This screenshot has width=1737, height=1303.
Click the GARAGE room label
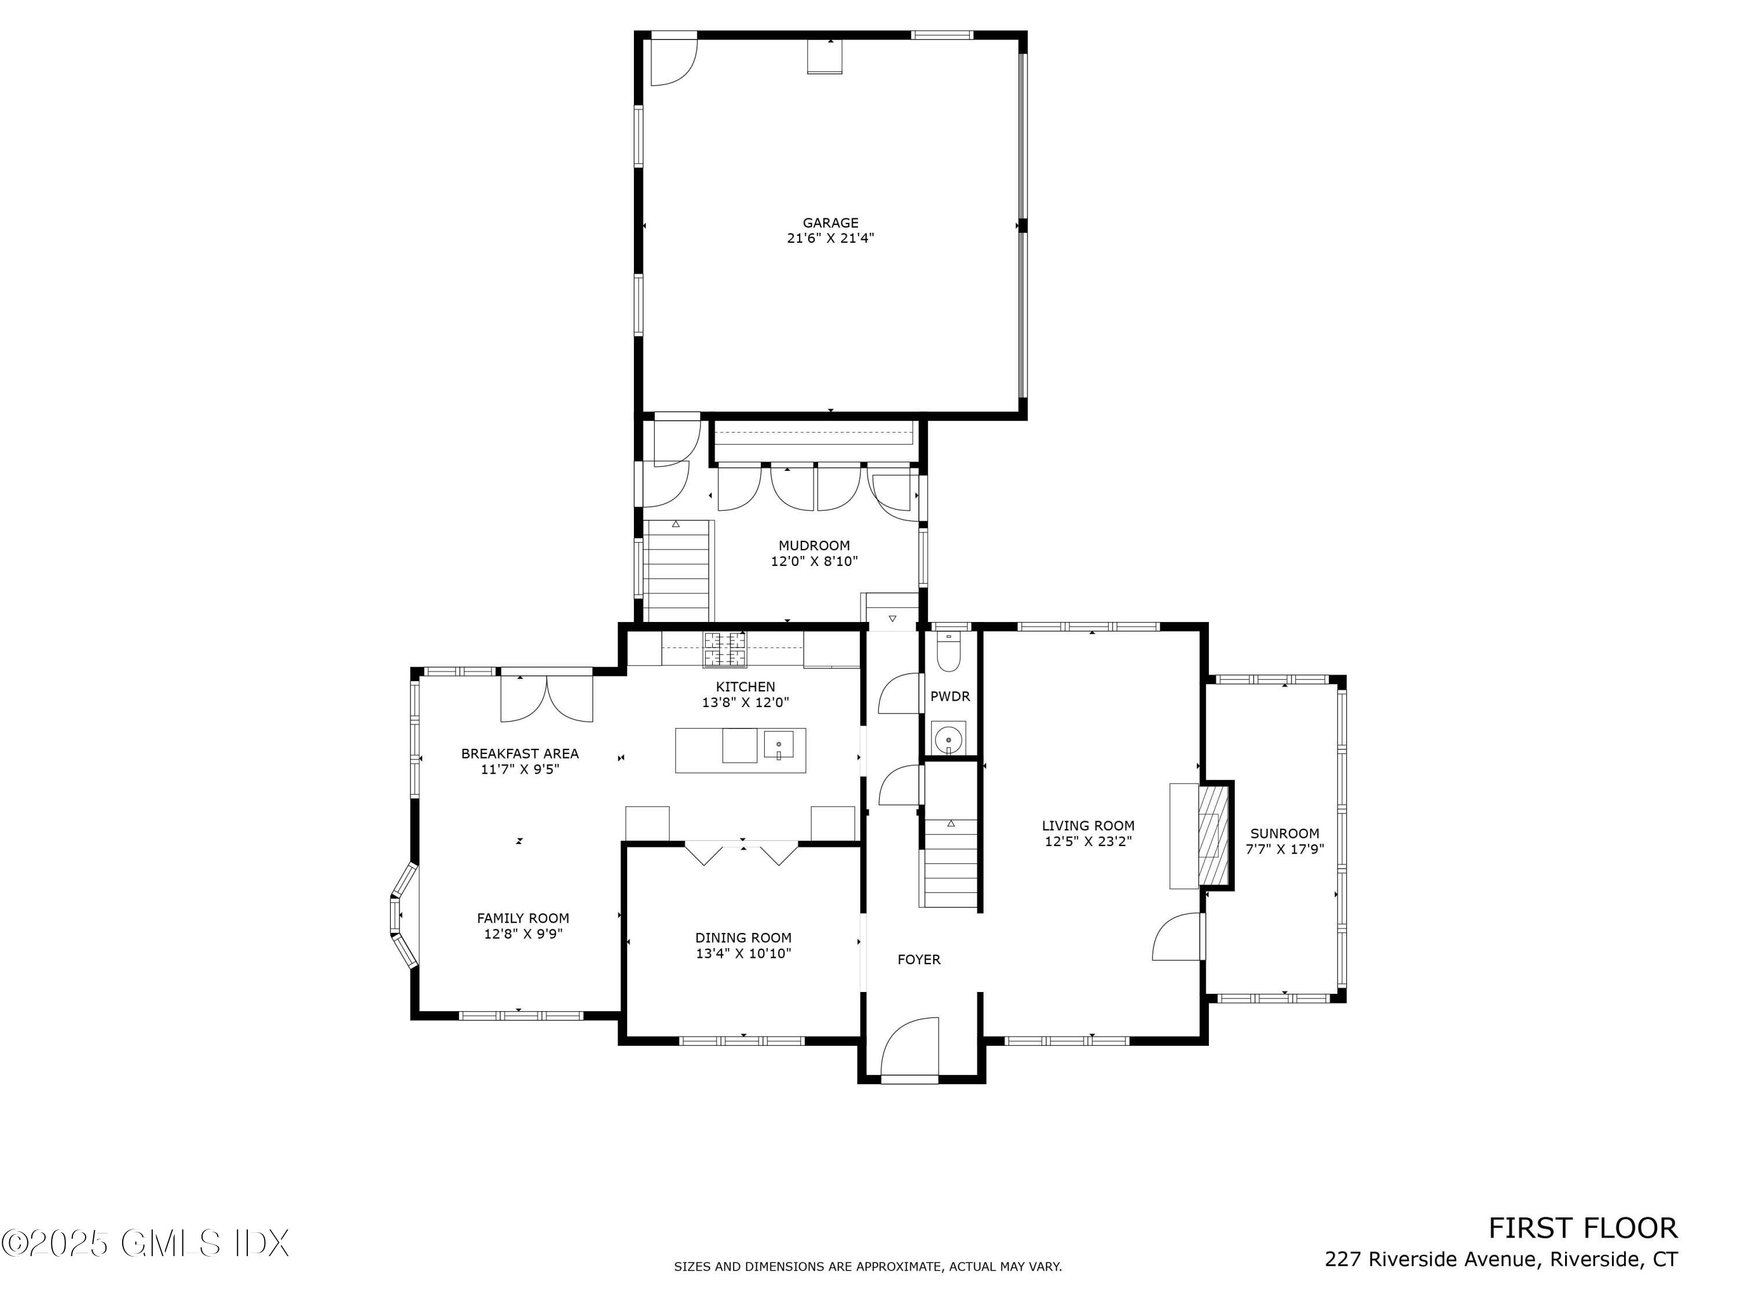(830, 223)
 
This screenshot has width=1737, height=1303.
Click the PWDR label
(950, 697)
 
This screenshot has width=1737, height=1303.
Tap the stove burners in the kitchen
(725, 648)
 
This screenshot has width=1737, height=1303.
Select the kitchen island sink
(779, 743)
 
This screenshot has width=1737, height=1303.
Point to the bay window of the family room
(402, 915)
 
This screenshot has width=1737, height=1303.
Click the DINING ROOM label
(743, 938)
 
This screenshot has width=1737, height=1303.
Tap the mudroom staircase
(677, 572)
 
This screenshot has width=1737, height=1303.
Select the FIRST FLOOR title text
(1582, 1228)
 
